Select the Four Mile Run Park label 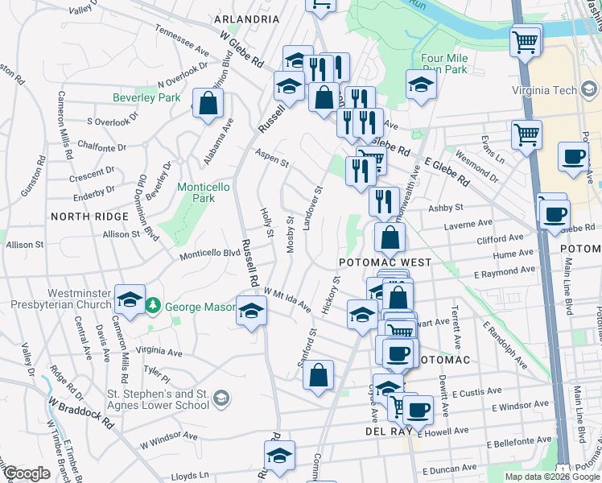pos(444,64)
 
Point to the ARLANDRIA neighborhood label pos(245,19)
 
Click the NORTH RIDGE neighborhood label pos(89,217)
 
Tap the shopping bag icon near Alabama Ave pos(208,103)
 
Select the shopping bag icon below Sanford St pos(319,374)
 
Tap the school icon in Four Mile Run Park pos(420,85)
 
